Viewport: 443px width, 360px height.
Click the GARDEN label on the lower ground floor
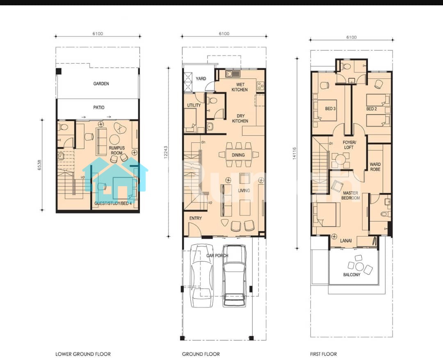101,84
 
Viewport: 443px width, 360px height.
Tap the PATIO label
98,107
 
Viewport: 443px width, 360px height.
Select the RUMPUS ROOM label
116,150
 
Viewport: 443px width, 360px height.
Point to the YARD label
201,78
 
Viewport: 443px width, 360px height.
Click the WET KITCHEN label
240,87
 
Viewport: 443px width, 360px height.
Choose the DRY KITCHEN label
240,118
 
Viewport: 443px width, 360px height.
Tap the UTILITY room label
194,105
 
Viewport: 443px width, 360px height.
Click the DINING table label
238,155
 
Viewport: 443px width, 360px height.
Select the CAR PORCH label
217,255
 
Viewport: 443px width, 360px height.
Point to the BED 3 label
330,109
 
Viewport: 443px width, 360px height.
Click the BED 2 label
372,109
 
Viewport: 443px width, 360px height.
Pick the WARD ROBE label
375,166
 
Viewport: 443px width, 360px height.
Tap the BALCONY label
352,274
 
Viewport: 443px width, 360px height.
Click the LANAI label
346,241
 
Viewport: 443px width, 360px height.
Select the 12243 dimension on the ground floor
166,152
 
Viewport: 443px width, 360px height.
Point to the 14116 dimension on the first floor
295,153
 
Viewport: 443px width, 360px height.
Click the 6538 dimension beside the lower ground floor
39,165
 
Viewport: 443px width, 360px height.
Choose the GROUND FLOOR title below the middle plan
201,354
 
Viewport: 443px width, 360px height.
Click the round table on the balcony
359,267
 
